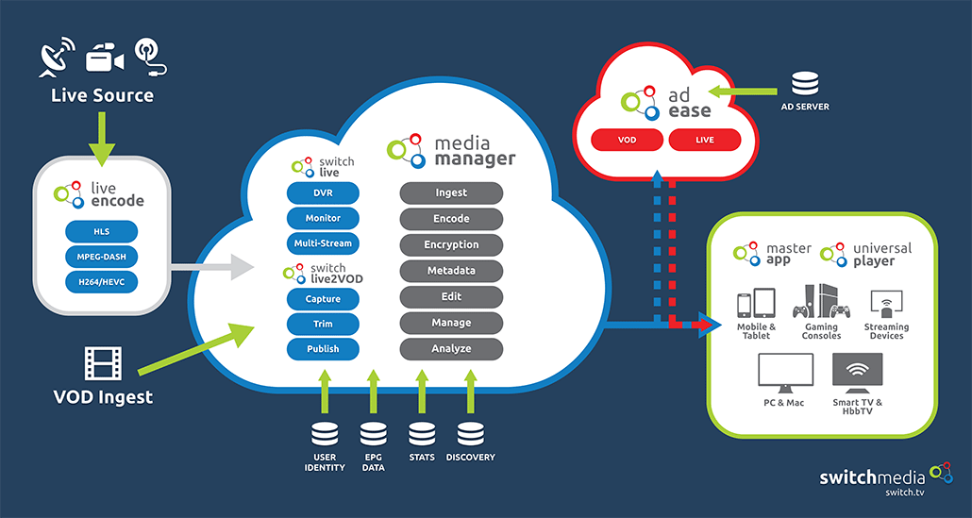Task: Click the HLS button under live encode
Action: point(102,231)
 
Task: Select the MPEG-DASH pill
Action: point(102,256)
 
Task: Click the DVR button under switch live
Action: point(323,192)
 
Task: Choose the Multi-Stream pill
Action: point(323,243)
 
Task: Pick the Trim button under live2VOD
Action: point(323,324)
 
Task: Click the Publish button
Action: point(323,348)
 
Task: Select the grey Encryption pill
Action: point(451,244)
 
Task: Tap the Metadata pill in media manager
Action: point(451,271)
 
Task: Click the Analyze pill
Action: point(451,348)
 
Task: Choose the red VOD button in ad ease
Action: point(626,140)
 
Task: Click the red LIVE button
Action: point(705,140)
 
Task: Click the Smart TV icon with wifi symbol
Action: point(858,375)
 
